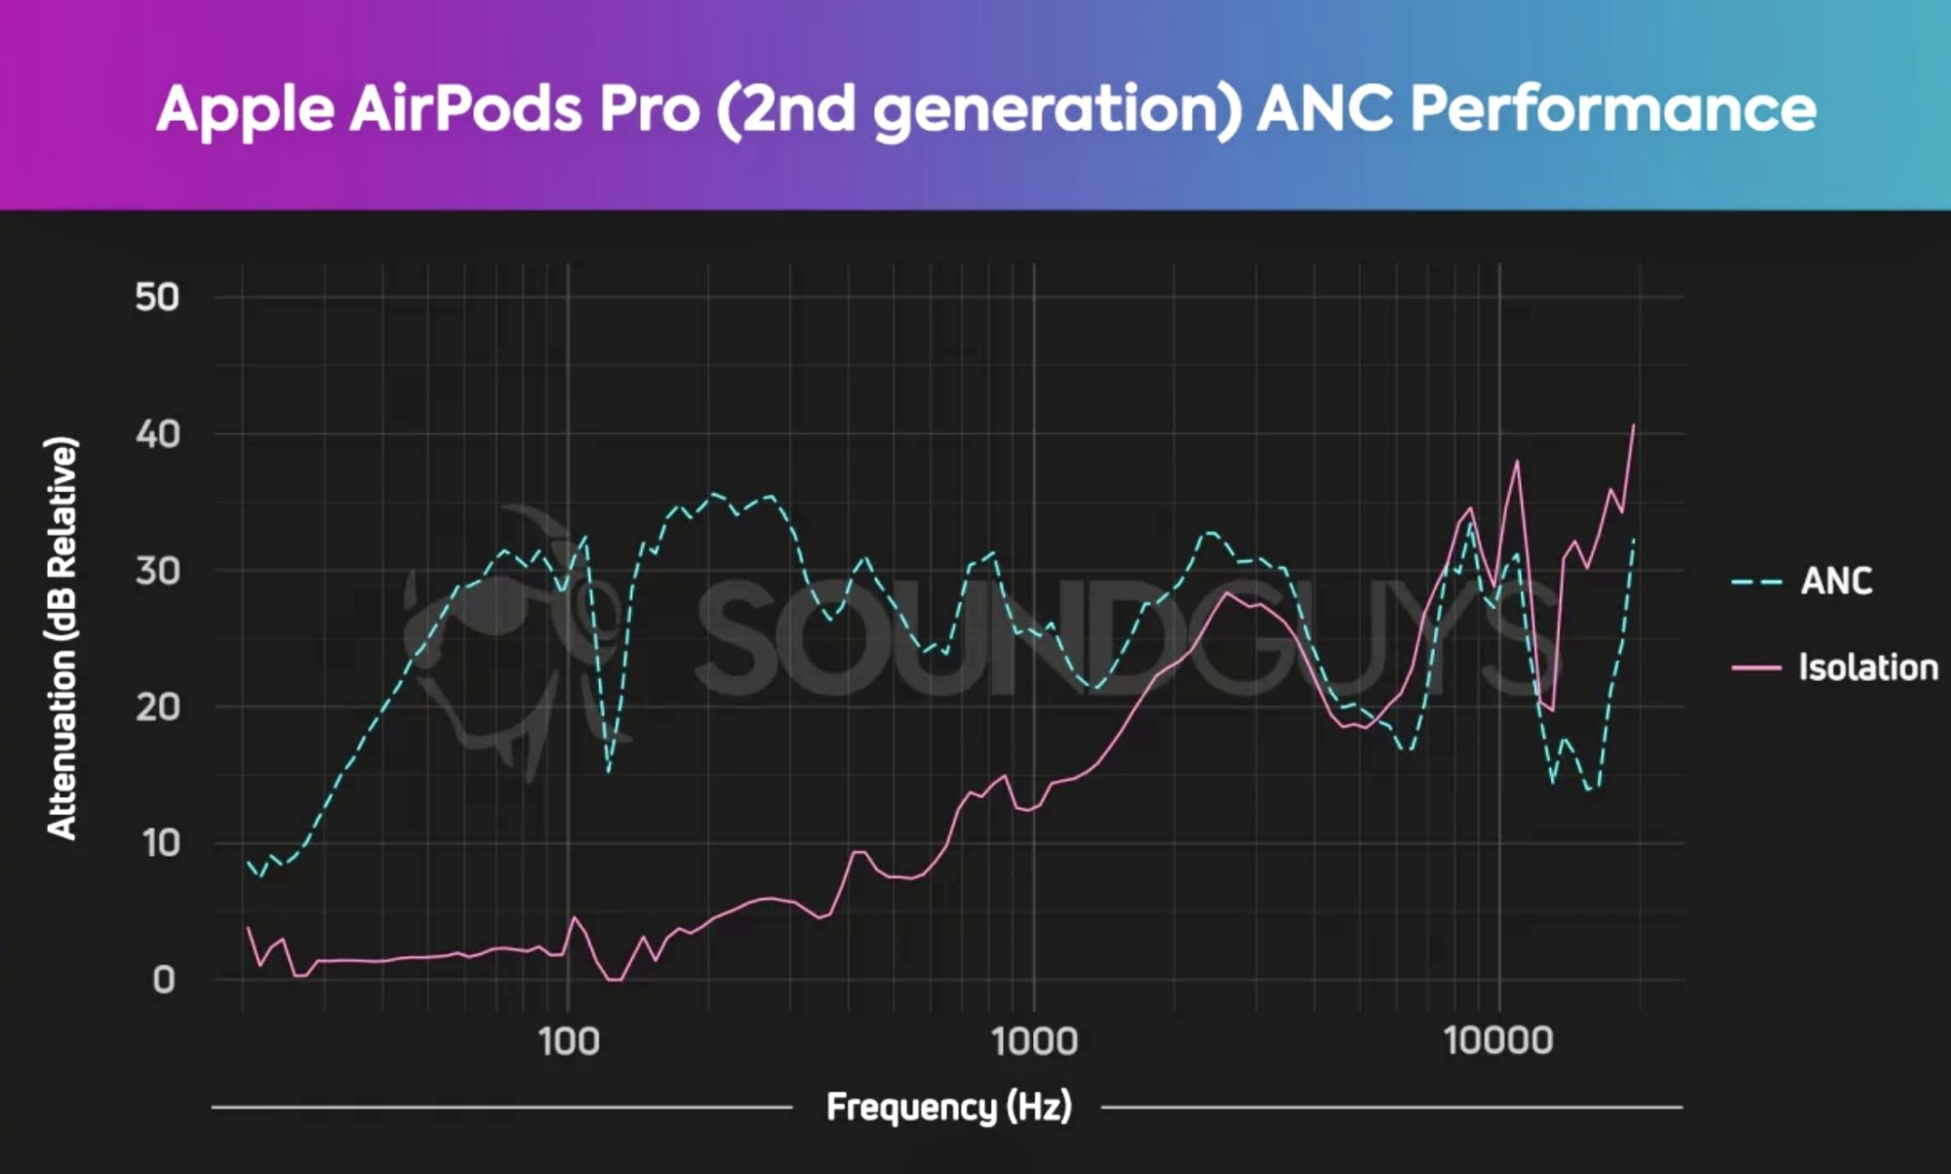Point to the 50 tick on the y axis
157,297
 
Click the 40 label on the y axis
157,434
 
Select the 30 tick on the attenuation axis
157,571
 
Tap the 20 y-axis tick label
157,707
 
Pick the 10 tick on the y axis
159,843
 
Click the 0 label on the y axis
164,979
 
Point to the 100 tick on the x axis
569,1041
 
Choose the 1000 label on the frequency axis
1034,1041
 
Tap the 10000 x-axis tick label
1498,1041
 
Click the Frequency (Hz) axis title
948,1108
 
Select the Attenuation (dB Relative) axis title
61,638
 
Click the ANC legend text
1836,582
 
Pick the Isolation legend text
1868,668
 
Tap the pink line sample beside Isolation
1756,668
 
